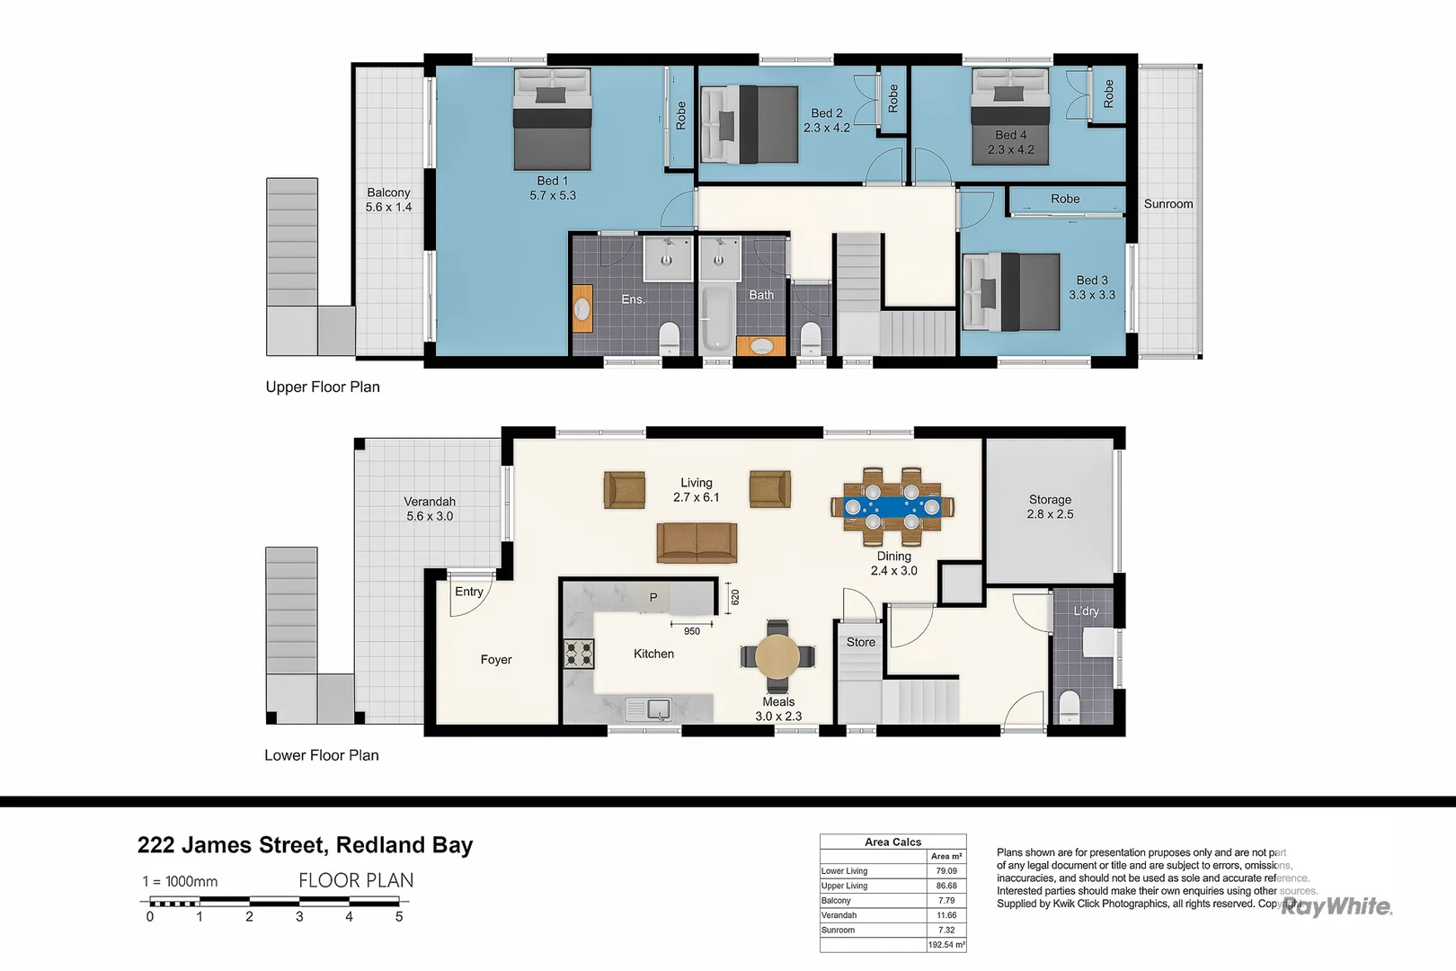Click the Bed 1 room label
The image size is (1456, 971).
552,188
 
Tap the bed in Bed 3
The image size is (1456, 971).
1011,291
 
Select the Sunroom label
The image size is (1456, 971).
1167,204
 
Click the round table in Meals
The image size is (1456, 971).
777,656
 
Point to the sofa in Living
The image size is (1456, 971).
697,543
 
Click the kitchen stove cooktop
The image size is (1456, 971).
579,654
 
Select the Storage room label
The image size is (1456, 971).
1050,506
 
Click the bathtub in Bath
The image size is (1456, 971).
716,319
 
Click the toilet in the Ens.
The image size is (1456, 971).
669,339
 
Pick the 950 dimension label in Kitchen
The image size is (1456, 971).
691,631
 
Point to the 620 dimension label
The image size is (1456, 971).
735,597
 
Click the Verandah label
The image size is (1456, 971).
430,509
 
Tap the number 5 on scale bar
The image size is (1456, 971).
399,917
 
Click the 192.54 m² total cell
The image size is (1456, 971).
946,945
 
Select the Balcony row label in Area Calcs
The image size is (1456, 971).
836,900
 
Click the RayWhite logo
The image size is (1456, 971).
1336,906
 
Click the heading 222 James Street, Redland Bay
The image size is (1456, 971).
305,845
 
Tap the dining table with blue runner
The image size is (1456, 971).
892,506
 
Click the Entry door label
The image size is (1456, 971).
468,592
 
